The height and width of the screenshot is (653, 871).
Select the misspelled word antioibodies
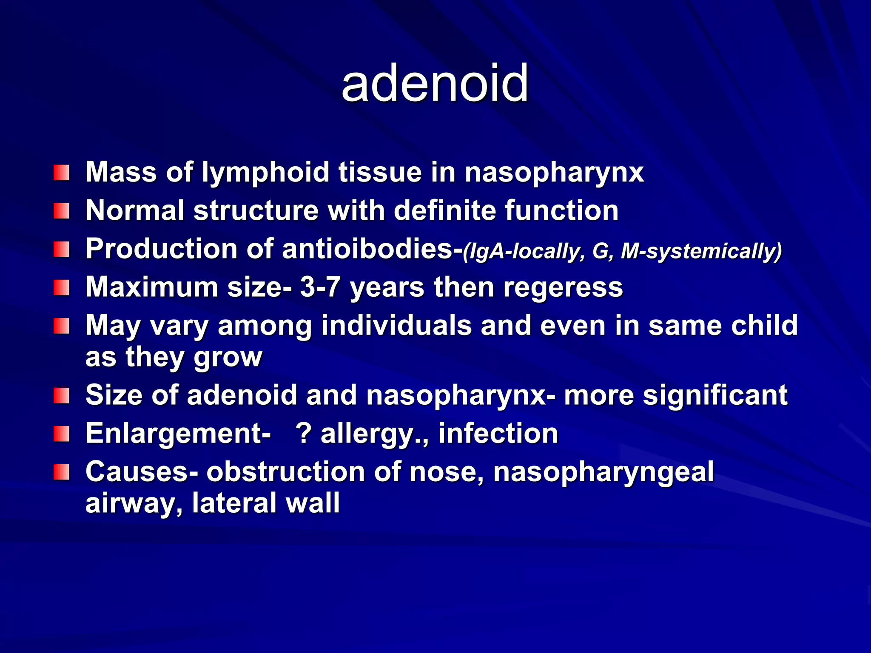[367, 249]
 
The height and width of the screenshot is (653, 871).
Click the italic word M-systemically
[701, 251]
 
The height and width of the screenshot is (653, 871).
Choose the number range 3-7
[320, 287]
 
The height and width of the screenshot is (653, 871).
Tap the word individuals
[396, 326]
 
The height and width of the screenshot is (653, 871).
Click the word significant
[715, 395]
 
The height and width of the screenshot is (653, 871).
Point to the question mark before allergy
[304, 434]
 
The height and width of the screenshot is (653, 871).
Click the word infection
[498, 434]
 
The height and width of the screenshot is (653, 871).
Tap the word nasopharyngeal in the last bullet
[603, 472]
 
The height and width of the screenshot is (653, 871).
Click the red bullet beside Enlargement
[61, 434]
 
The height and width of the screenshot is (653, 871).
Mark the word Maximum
[151, 287]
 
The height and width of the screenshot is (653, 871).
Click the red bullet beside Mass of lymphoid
[61, 173]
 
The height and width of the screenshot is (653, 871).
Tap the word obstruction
[285, 472]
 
